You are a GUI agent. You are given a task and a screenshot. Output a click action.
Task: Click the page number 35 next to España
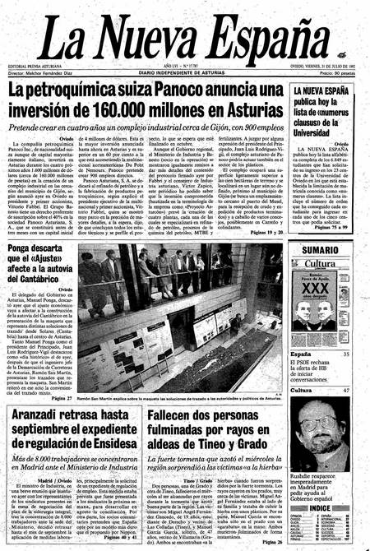(x=346, y=331)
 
